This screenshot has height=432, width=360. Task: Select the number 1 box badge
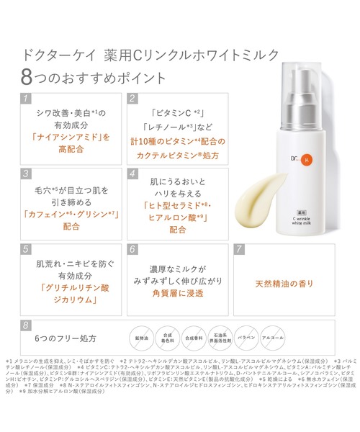coord(26,98)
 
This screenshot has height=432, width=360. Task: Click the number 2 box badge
coord(132,98)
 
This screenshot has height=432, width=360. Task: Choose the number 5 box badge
coord(26,249)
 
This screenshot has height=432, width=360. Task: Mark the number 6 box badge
coord(132,249)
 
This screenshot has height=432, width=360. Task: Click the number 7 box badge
coord(239,249)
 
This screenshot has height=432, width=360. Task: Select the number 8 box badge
coord(26,325)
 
